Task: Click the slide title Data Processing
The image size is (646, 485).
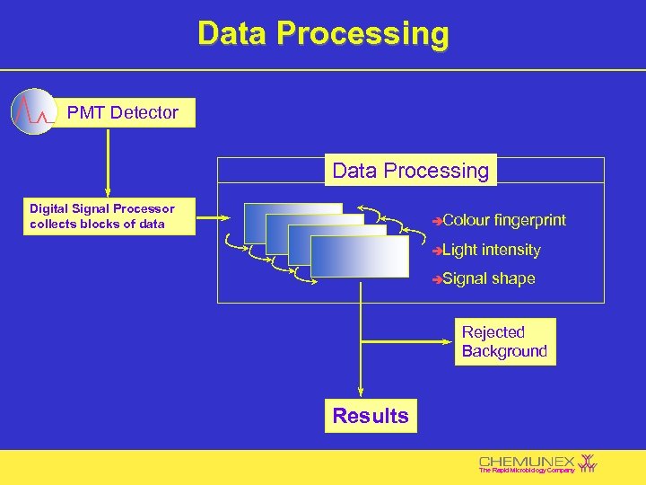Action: (x=323, y=33)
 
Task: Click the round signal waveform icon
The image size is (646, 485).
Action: (x=33, y=111)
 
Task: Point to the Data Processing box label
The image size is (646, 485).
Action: (x=410, y=171)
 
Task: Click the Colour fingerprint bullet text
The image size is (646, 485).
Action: (x=503, y=221)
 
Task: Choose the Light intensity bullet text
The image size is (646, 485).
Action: (x=491, y=251)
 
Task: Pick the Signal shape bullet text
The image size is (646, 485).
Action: (x=488, y=279)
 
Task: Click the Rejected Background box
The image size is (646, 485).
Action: (x=503, y=342)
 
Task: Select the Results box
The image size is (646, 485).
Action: (x=370, y=416)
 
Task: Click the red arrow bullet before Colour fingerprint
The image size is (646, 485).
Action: (x=436, y=221)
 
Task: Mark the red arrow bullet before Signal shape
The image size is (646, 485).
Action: (x=436, y=279)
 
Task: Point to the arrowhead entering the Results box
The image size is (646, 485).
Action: (x=360, y=392)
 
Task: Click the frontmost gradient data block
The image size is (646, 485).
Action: (x=359, y=257)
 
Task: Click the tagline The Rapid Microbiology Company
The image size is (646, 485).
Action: (x=526, y=471)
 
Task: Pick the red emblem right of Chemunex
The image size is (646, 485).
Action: (x=588, y=462)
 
